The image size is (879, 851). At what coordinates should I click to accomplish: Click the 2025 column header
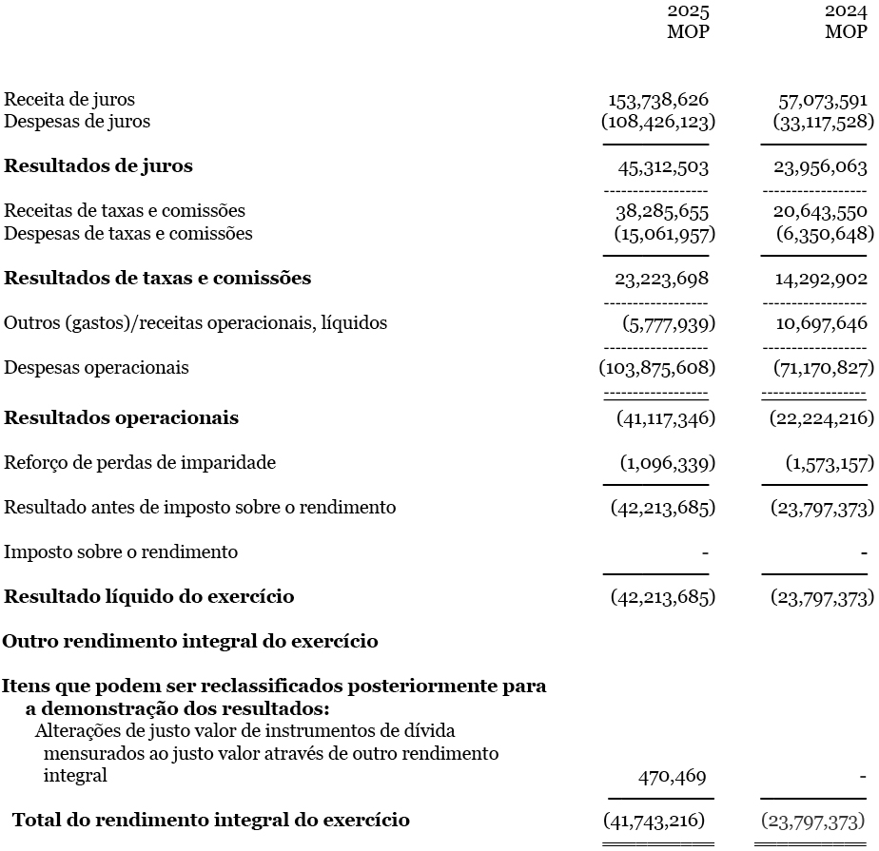tap(688, 11)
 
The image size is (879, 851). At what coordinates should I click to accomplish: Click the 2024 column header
tap(846, 11)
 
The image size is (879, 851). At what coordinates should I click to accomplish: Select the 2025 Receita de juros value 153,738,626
tap(658, 100)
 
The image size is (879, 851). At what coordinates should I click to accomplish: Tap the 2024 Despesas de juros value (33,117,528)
tap(824, 122)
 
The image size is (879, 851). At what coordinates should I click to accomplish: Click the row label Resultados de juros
tap(98, 166)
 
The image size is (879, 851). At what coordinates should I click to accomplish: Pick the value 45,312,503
tap(663, 167)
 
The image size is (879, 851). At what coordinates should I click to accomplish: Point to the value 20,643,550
tap(820, 211)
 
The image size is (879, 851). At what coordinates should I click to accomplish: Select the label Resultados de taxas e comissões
tap(158, 279)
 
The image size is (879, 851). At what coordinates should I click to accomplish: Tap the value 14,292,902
tap(820, 279)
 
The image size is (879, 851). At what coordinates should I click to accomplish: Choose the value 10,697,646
tap(822, 323)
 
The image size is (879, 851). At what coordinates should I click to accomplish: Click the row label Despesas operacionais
tap(96, 368)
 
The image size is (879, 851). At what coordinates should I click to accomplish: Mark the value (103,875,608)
tap(657, 368)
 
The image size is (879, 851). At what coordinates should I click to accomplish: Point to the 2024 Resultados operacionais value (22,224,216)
tap(822, 418)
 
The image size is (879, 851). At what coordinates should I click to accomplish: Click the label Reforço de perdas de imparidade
tap(140, 463)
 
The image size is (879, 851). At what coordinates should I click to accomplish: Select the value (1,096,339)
tap(668, 463)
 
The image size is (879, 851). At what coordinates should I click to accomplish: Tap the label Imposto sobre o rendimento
tap(121, 552)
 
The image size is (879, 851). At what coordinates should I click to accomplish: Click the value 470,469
tap(673, 777)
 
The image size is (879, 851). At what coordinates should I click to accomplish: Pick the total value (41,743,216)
tap(654, 820)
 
